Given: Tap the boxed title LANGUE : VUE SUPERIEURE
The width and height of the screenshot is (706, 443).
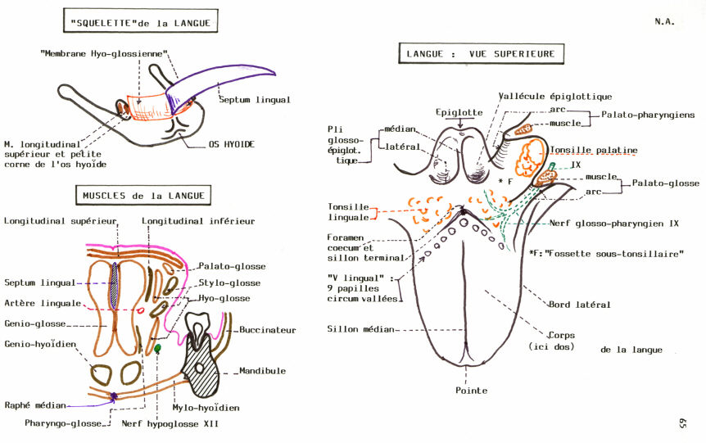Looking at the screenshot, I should click(x=481, y=55).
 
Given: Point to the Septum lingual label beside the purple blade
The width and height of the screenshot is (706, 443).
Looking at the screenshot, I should click(x=254, y=100).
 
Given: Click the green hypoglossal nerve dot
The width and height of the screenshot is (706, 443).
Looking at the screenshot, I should click(x=158, y=349).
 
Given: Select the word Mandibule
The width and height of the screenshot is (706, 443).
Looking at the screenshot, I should click(x=263, y=370).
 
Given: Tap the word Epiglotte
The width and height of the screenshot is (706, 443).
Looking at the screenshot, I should click(x=459, y=112).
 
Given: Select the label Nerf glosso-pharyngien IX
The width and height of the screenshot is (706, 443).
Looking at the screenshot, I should click(x=605, y=222).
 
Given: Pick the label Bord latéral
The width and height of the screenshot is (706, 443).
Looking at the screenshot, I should click(x=578, y=305).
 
